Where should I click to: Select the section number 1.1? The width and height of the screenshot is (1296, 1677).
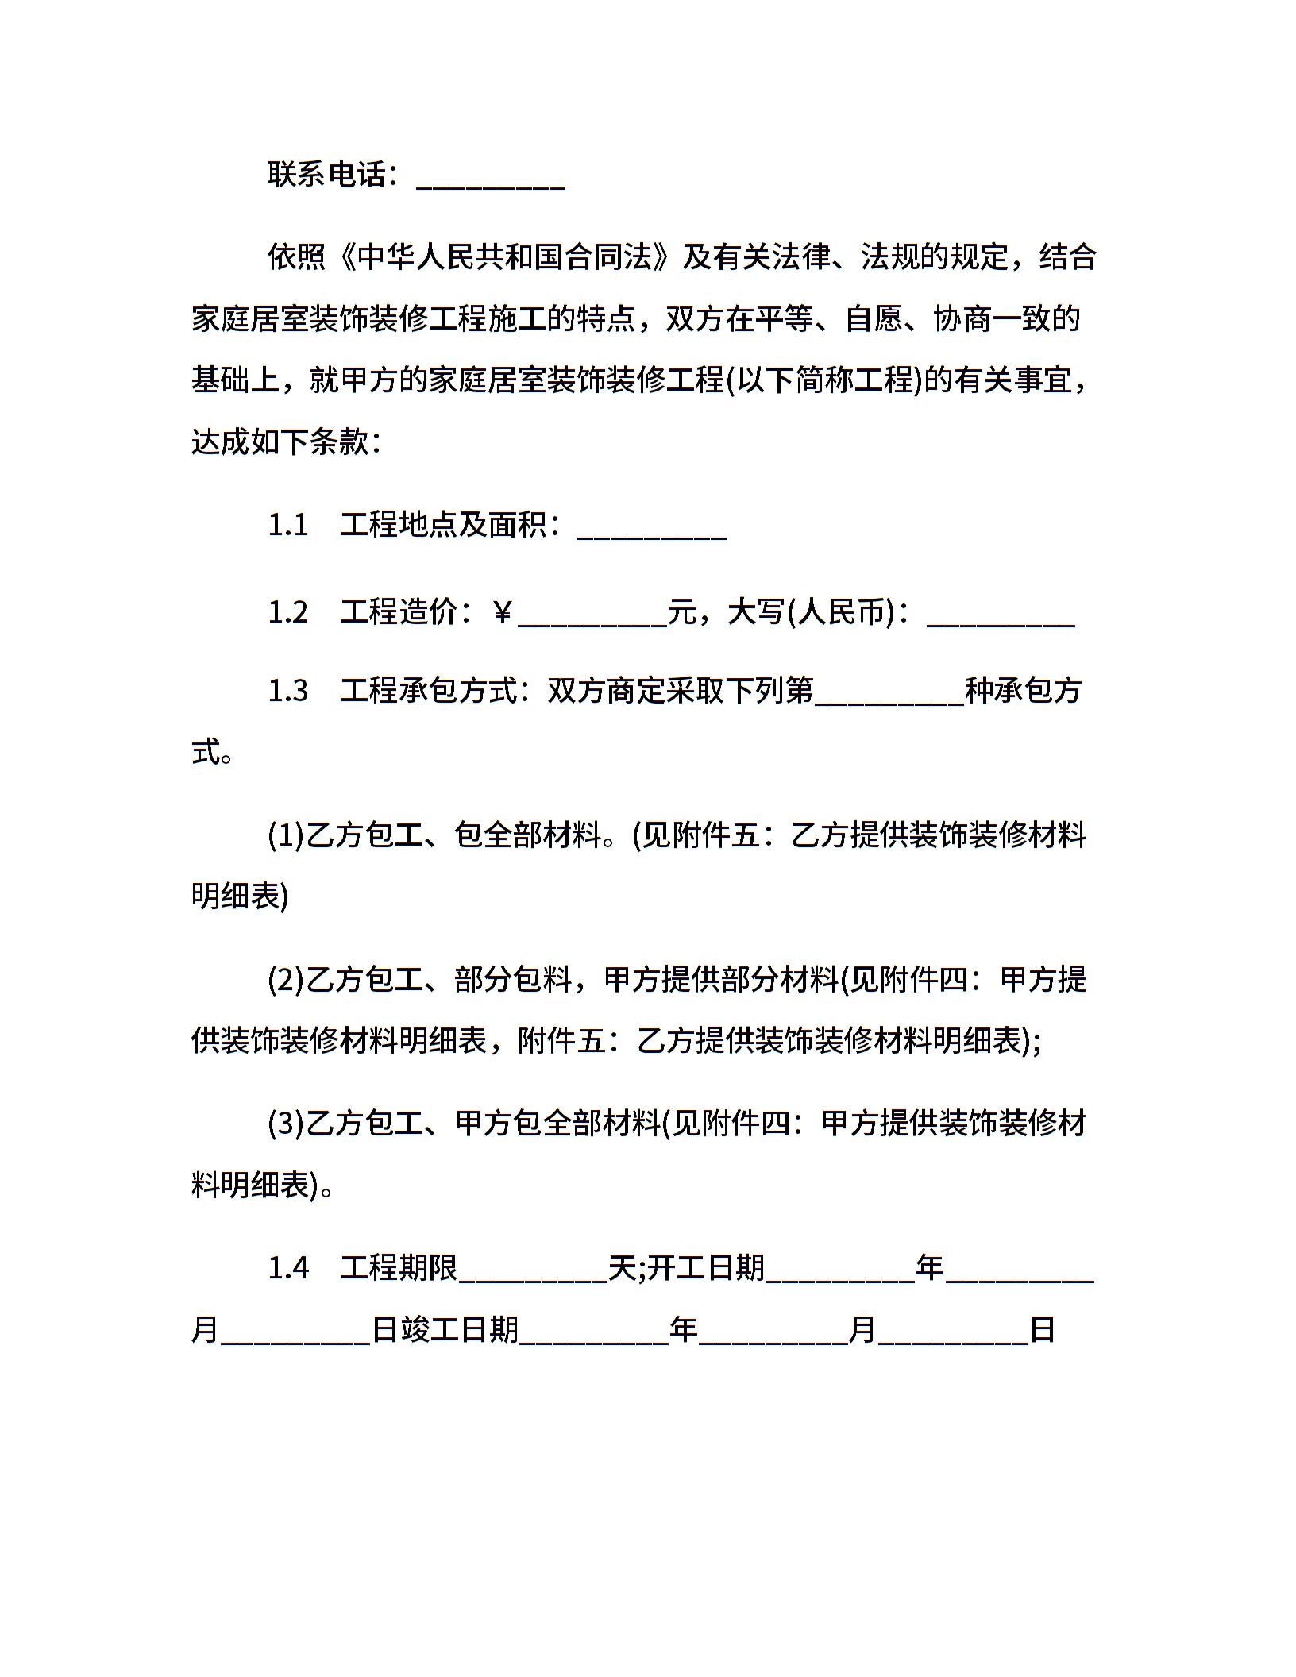[x=287, y=526]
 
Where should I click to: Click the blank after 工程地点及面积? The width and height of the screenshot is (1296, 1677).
[x=652, y=532]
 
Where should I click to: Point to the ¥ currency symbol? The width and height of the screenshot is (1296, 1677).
[x=502, y=612]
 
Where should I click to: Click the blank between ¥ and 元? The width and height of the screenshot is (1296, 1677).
[x=592, y=619]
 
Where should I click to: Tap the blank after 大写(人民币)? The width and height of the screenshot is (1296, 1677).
[x=1001, y=619]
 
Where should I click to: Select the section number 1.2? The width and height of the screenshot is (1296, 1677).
[x=287, y=612]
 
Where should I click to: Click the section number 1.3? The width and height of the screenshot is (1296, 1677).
[x=287, y=691]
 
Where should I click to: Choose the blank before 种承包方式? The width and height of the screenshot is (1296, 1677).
[x=889, y=697]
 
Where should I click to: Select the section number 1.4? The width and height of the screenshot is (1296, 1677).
[x=288, y=1268]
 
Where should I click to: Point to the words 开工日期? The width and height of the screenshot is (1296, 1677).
[x=706, y=1268]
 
